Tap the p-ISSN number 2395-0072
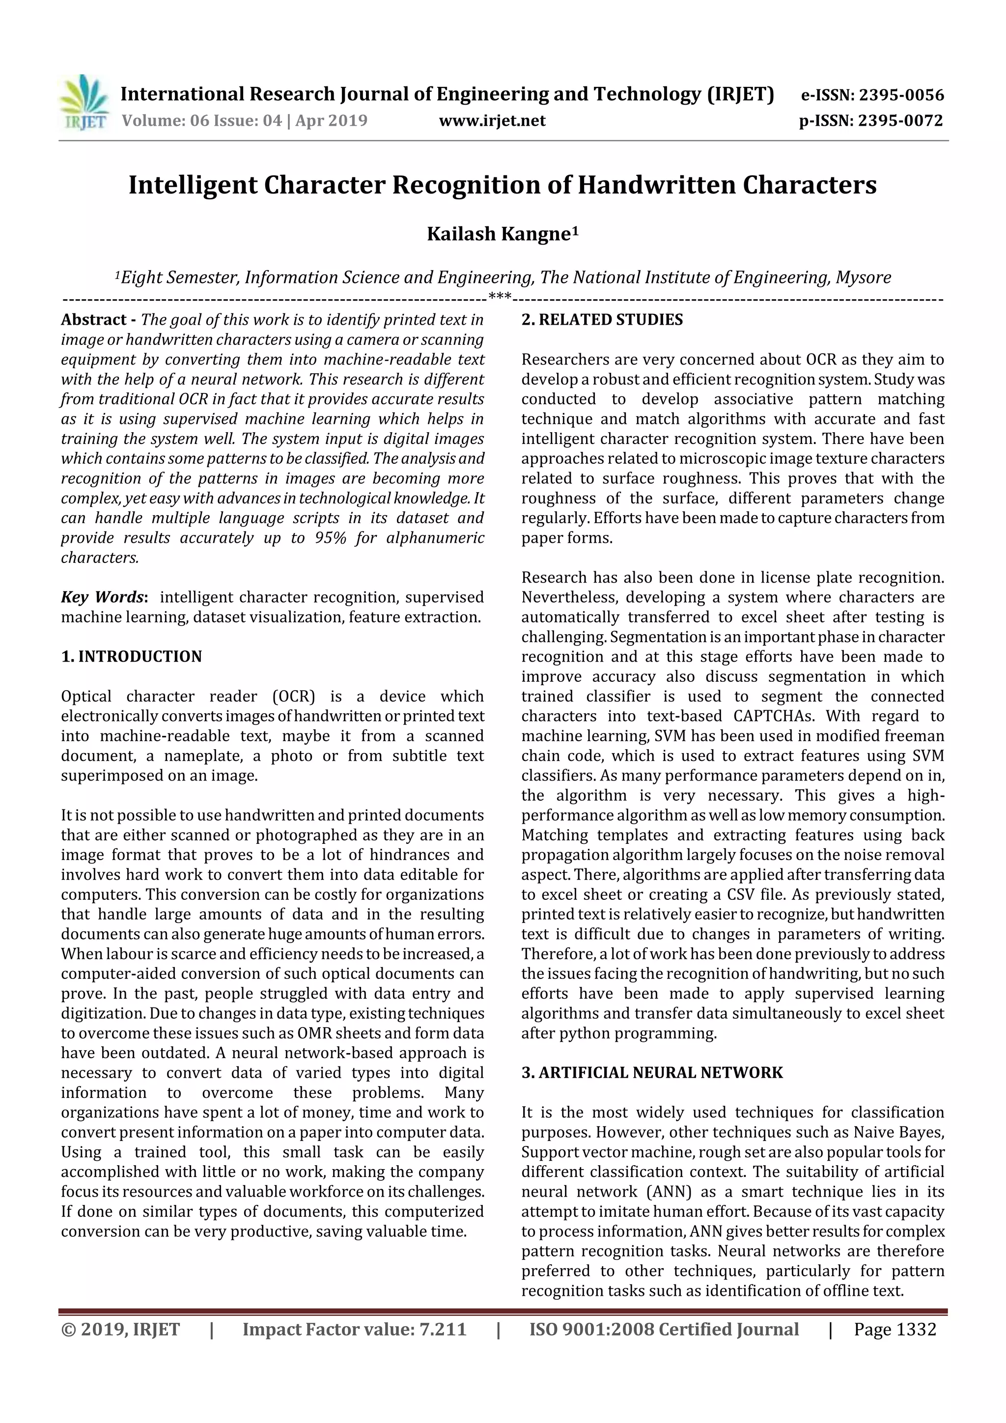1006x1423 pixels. (900, 121)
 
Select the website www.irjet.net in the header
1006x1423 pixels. (492, 121)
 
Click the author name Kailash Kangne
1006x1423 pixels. (502, 234)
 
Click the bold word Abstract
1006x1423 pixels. (94, 320)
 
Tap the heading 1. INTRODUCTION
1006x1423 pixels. (132, 656)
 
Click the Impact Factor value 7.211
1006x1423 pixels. (443, 1329)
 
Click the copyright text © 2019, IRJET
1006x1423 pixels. (120, 1329)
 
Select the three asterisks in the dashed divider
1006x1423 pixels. (500, 296)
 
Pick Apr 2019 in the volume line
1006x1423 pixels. (331, 121)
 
